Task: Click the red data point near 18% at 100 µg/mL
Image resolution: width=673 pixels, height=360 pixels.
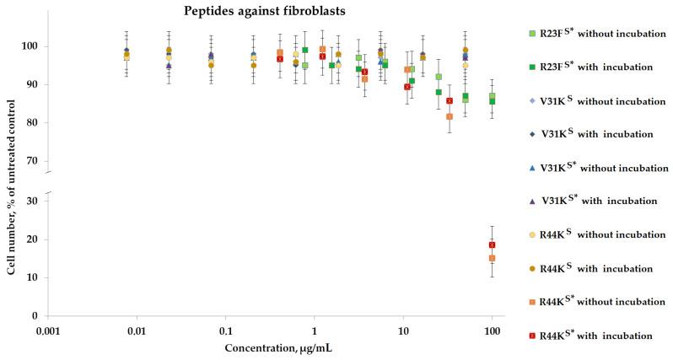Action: tap(492, 244)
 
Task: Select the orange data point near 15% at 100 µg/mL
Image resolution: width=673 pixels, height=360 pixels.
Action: tap(492, 258)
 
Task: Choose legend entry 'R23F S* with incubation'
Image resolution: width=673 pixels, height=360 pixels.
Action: tap(594, 67)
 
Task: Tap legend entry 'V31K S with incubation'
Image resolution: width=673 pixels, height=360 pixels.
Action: tap(594, 134)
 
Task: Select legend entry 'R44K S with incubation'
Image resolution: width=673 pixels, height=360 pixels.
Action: tap(594, 269)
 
